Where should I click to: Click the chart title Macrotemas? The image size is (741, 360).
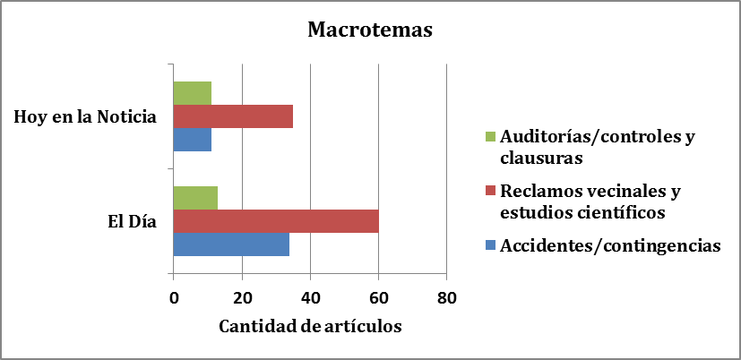pos(370,30)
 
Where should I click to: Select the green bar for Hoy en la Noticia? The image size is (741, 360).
pos(192,93)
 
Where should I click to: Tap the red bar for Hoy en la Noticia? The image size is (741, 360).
pos(233,116)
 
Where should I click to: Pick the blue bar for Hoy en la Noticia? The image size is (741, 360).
pos(192,140)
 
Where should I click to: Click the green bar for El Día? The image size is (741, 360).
pos(195,198)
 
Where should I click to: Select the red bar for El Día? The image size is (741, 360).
pos(275,221)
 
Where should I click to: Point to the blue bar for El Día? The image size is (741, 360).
pos(231,244)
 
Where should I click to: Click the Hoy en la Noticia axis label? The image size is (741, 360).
pos(85,116)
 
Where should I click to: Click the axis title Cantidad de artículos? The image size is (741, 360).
pos(310,326)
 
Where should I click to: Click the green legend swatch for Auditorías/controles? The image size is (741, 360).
pos(489,138)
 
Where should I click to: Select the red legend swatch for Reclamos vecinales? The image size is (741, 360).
pos(489,191)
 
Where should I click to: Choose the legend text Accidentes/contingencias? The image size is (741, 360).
pos(610,245)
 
